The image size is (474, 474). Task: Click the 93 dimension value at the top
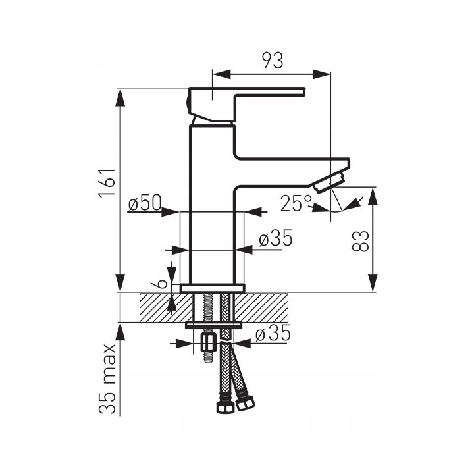(273, 60)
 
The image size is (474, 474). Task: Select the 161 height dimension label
(107, 182)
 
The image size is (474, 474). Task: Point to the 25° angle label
(296, 203)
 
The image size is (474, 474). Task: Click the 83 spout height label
(361, 241)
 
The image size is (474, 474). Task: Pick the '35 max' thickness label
(107, 379)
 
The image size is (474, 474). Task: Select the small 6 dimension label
(162, 283)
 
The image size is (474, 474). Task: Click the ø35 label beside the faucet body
(276, 238)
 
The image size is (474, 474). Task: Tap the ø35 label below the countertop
(273, 333)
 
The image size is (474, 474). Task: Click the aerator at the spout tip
(330, 182)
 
